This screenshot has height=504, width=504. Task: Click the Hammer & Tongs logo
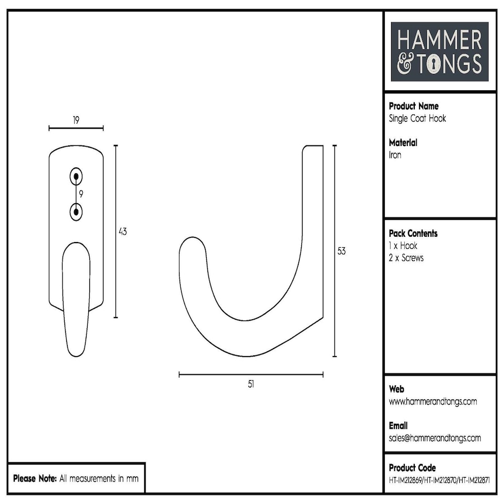[439, 51]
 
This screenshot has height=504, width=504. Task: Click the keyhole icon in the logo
[435, 64]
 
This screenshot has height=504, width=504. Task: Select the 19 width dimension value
[76, 120]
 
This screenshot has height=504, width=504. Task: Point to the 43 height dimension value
[123, 231]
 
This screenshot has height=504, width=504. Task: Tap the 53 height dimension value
[341, 251]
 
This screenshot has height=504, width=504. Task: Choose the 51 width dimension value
[251, 384]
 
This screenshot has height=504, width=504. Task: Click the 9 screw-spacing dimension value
[81, 194]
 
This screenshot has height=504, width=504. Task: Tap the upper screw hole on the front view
[77, 177]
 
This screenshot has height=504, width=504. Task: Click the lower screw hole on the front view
[77, 212]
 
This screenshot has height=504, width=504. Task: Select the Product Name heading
[413, 106]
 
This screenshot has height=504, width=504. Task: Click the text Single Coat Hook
[417, 118]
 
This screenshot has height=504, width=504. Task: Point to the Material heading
[403, 143]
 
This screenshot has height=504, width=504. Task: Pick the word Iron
[395, 155]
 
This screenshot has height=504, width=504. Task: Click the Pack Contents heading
[413, 234]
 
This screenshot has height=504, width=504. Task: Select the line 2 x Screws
[406, 258]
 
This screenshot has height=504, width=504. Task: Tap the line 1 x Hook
[403, 246]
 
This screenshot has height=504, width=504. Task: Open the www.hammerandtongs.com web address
[433, 402]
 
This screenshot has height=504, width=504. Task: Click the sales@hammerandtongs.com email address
[435, 438]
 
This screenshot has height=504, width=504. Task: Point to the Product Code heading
[412, 468]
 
